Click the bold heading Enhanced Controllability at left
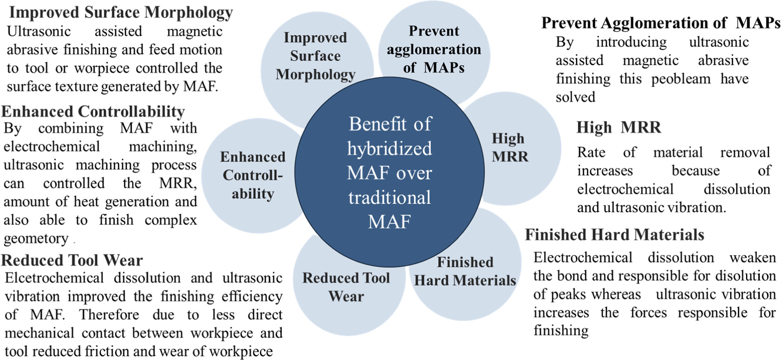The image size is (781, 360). pyautogui.click(x=93, y=112)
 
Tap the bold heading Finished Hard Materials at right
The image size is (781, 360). pyautogui.click(x=615, y=234)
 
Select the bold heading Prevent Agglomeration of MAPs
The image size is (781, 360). pyautogui.click(x=660, y=23)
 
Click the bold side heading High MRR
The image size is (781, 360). pyautogui.click(x=619, y=127)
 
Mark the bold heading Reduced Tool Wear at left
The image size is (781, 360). pyautogui.click(x=72, y=260)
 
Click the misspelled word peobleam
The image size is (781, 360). pyautogui.click(x=681, y=79)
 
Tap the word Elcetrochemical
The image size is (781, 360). pyautogui.click(x=54, y=278)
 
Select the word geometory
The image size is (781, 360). pyautogui.click(x=36, y=238)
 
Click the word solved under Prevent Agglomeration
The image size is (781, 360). pyautogui.click(x=575, y=97)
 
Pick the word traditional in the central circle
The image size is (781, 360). pyautogui.click(x=390, y=198)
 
